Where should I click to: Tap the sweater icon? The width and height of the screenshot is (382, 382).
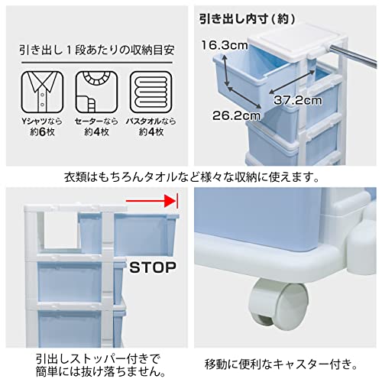(x=94, y=92)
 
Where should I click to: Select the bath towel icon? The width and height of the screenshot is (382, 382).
(x=149, y=92)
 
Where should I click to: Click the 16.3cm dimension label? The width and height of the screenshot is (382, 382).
(x=219, y=45)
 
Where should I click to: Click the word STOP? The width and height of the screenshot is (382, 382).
(x=153, y=268)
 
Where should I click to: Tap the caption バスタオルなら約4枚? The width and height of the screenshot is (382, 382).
(x=149, y=128)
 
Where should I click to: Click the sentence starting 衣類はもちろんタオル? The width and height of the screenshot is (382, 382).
(x=191, y=177)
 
